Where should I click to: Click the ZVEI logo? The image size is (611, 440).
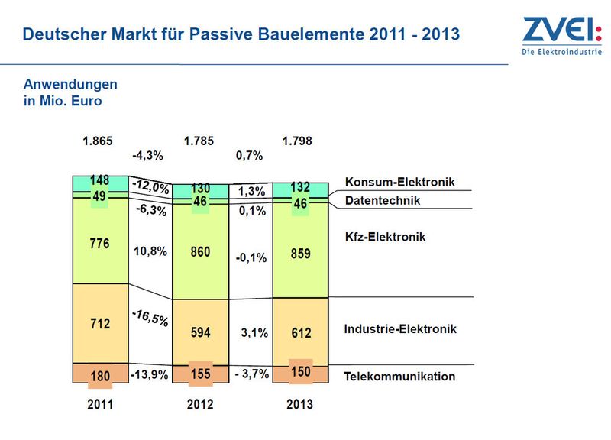coord(562,36)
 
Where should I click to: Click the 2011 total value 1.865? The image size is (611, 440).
coord(98,141)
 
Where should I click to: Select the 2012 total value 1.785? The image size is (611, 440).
coord(199,141)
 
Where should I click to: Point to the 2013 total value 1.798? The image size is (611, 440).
coord(297,141)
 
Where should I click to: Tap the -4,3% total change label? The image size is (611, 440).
coord(147,156)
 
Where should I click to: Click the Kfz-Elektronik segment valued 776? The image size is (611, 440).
coord(101,241)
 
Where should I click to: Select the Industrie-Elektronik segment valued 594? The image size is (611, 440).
coord(201,332)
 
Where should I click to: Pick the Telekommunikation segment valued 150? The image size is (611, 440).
coord(300,374)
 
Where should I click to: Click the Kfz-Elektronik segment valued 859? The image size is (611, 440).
coord(300,251)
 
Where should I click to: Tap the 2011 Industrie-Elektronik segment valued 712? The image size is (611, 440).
coord(101,323)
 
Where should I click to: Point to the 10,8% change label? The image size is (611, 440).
coord(150,251)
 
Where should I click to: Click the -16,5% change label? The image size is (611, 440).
coord(150,318)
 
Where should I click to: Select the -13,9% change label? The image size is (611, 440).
coord(150,375)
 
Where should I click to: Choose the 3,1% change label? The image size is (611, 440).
coord(254,333)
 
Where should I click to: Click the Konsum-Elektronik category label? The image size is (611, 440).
coord(399,182)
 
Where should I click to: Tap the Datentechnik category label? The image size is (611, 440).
coord(383,200)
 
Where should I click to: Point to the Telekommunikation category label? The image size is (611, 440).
coord(399,377)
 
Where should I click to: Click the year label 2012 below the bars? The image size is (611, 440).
coord(200,404)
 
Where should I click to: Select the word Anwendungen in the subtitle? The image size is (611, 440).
coord(70,85)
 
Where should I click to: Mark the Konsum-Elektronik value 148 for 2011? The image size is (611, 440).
coord(100,180)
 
